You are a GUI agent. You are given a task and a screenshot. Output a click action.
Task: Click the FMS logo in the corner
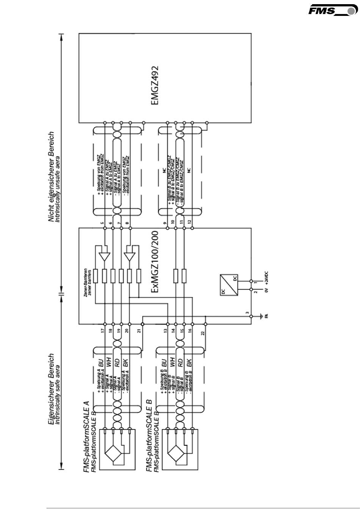click(332, 10)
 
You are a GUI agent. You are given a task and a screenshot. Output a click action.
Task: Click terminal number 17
click(102, 331)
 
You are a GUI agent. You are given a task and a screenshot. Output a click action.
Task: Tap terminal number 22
click(203, 333)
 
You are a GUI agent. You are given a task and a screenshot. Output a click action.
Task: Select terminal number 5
click(102, 223)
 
